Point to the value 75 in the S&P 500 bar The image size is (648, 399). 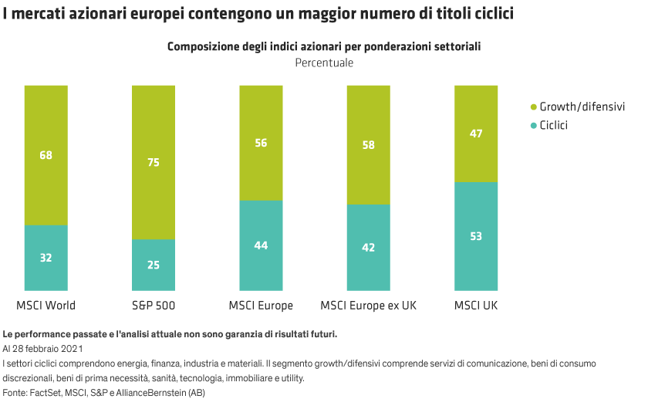[x=154, y=163]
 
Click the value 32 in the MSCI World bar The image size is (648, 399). [x=46, y=258]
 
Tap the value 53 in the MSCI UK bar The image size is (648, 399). [x=476, y=236]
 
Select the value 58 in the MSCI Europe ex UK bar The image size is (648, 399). [x=368, y=144]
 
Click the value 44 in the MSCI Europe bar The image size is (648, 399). [x=261, y=245]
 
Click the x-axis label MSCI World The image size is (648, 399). [x=46, y=306]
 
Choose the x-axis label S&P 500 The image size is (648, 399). [x=154, y=306]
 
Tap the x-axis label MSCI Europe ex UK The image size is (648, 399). [x=368, y=306]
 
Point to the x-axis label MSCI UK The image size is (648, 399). [x=476, y=306]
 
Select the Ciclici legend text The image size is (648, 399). [x=553, y=124]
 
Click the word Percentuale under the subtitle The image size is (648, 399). [x=324, y=63]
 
